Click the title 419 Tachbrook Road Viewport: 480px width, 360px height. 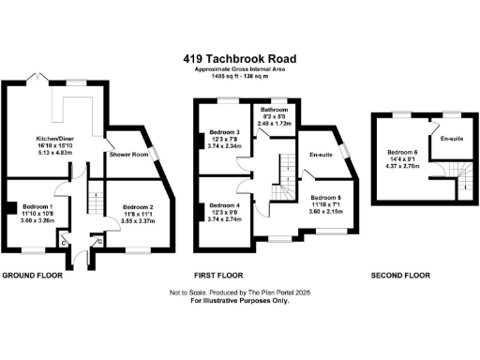[x=240, y=57]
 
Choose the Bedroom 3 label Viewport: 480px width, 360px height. [x=225, y=132]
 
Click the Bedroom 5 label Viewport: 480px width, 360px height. [x=326, y=198]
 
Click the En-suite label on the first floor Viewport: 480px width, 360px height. [x=322, y=156]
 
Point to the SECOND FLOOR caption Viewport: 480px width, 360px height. [x=399, y=276]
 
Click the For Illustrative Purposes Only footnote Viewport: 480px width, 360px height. [x=240, y=300]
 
